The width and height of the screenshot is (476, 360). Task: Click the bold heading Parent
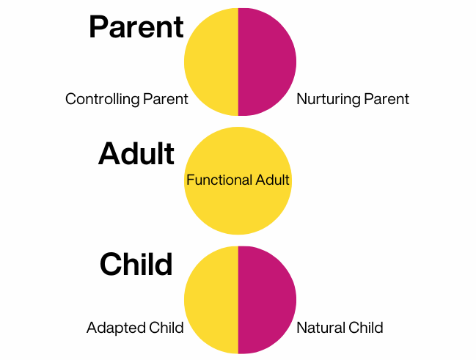click(x=136, y=27)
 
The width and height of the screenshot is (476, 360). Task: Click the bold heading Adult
click(x=136, y=153)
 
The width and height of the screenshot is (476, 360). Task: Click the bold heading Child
click(x=136, y=264)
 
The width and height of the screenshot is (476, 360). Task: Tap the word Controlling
click(x=103, y=99)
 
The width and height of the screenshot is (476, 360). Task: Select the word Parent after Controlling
click(x=166, y=99)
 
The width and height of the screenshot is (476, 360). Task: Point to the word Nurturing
click(x=329, y=99)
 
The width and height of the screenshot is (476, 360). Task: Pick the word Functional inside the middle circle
click(x=219, y=180)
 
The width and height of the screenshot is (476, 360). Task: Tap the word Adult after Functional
click(x=272, y=180)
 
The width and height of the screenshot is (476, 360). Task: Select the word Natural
click(x=321, y=328)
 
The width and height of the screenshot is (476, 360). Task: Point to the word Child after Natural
click(x=366, y=328)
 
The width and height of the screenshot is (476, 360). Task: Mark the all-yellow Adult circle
click(x=238, y=207)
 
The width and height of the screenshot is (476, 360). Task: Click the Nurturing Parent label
click(x=353, y=99)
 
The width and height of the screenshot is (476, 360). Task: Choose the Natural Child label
click(x=340, y=328)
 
